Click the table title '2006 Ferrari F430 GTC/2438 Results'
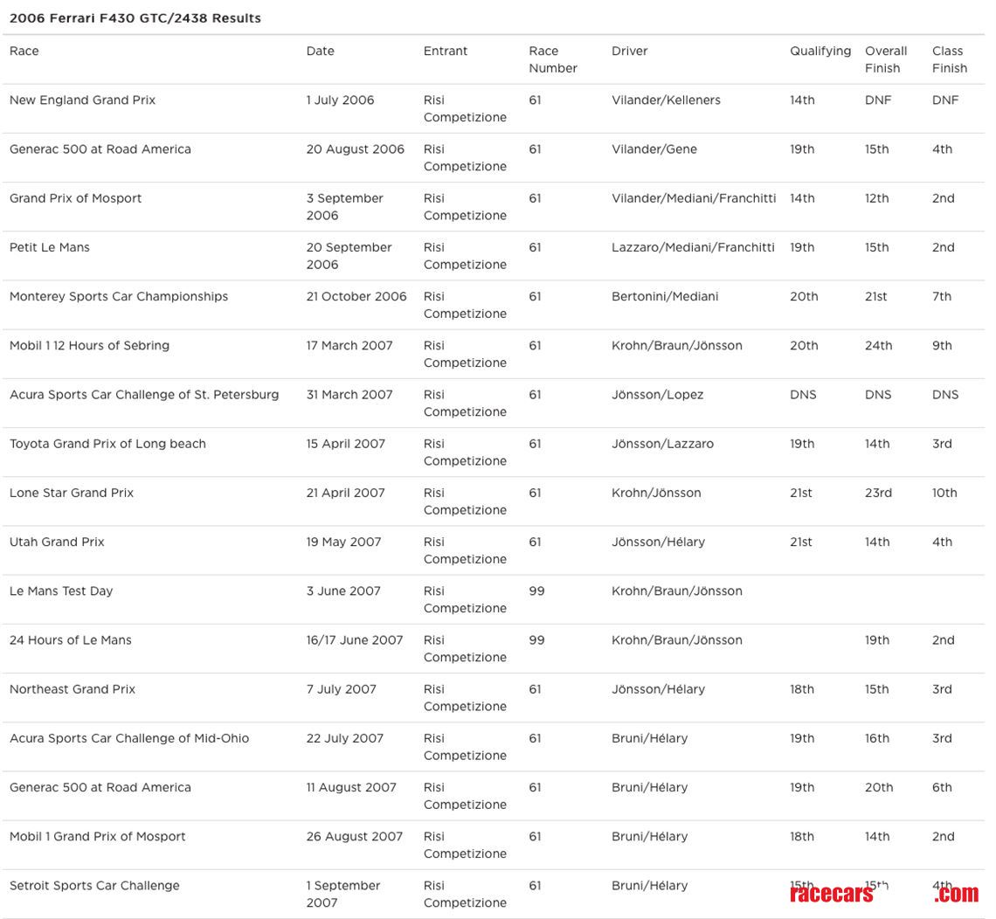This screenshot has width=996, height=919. [135, 18]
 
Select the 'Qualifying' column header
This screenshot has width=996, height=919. [820, 52]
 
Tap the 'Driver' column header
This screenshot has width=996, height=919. [629, 52]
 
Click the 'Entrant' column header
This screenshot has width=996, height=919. [446, 52]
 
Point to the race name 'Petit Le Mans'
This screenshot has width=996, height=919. [50, 248]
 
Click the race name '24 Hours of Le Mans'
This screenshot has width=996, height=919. [71, 640]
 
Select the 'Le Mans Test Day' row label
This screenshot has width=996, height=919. [61, 591]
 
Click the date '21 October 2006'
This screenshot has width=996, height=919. [356, 297]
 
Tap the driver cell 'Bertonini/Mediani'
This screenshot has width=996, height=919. [665, 297]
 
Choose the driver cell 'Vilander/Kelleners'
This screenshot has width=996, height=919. [666, 100]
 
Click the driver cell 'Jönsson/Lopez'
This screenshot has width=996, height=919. [657, 395]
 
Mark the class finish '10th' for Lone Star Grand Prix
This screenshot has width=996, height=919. [944, 494]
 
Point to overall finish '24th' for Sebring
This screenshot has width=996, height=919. [878, 346]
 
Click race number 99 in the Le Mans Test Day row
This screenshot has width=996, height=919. [536, 591]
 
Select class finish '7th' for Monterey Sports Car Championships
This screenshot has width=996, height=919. [942, 297]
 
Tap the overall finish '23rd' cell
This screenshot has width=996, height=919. [878, 494]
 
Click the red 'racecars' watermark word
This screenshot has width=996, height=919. [831, 894]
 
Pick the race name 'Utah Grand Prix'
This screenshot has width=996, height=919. [57, 542]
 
